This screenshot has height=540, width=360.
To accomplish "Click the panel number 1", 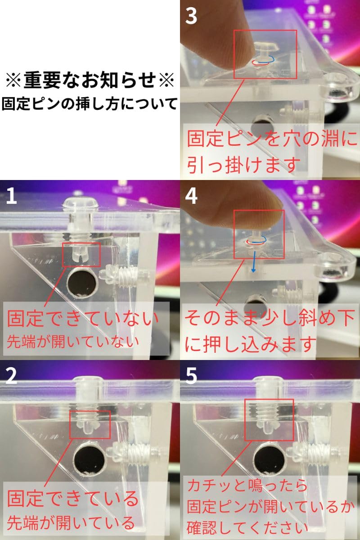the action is tap(12, 196).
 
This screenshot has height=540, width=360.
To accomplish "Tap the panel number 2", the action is tap(12, 377).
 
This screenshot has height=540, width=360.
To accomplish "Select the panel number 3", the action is tap(191, 16).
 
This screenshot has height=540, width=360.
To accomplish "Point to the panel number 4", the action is tap(191, 196).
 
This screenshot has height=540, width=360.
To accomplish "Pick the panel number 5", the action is tap(191, 377).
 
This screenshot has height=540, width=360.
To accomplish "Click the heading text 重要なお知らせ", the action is tap(90, 80).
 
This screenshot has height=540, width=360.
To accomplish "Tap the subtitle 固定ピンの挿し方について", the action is tap(90, 104).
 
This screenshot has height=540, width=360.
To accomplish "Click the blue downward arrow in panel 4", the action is tap(253, 261).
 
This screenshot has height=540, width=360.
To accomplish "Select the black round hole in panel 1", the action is tap(82, 282).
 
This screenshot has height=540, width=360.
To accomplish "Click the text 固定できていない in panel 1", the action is tap(82, 319).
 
